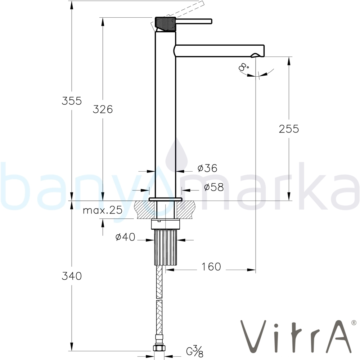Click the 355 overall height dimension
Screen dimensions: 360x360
[72, 101]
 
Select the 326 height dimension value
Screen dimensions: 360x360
[103, 109]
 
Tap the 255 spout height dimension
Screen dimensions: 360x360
[289, 129]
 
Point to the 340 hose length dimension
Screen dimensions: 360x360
[72, 276]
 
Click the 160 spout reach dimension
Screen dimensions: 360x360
[211, 266]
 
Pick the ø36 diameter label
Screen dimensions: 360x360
[207, 168]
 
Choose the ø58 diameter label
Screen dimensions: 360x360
[214, 187]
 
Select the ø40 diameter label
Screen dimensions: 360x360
[125, 237]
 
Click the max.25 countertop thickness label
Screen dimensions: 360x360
[103, 210]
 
